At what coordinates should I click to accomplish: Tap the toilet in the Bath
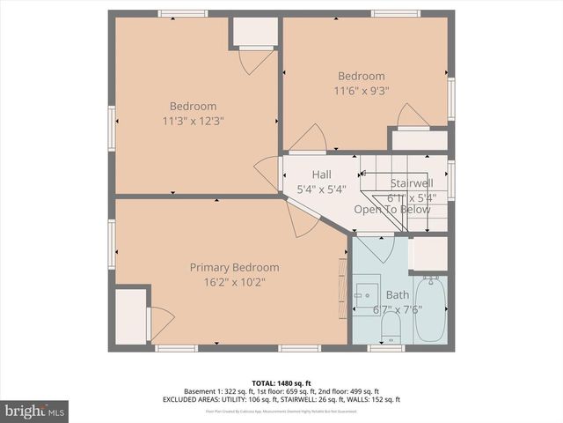(392, 329)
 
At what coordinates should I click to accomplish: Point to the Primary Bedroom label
(234, 268)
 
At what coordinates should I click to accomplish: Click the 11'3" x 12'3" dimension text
(193, 121)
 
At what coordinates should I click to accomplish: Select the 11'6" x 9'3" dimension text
(361, 90)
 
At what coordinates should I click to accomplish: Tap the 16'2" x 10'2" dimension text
(234, 282)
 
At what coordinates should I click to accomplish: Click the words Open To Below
(392, 210)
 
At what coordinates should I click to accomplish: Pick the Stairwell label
(411, 183)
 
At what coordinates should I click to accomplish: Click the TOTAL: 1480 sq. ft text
(281, 382)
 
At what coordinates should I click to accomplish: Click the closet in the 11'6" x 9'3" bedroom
(418, 138)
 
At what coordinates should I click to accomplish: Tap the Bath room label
(398, 294)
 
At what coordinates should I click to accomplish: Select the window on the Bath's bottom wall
(384, 347)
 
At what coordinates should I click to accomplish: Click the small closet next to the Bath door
(429, 254)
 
